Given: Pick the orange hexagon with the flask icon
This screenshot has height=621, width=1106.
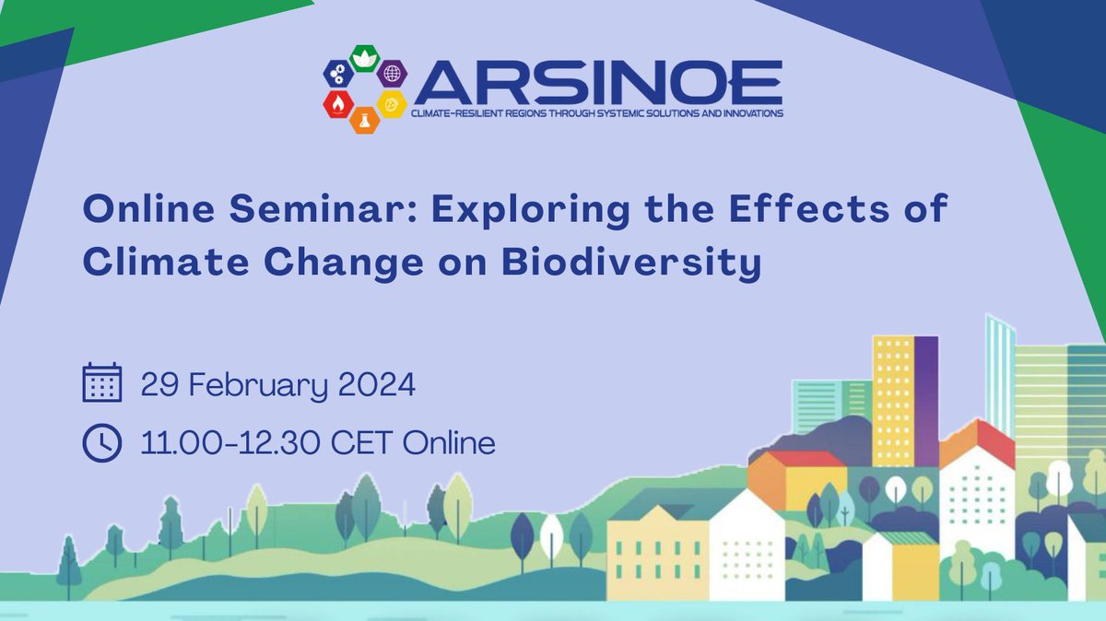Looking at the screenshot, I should point(366,119).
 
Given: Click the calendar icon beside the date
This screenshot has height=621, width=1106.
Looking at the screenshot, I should point(101,383).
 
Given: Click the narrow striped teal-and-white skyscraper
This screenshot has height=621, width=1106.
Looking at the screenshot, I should point(999,373).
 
